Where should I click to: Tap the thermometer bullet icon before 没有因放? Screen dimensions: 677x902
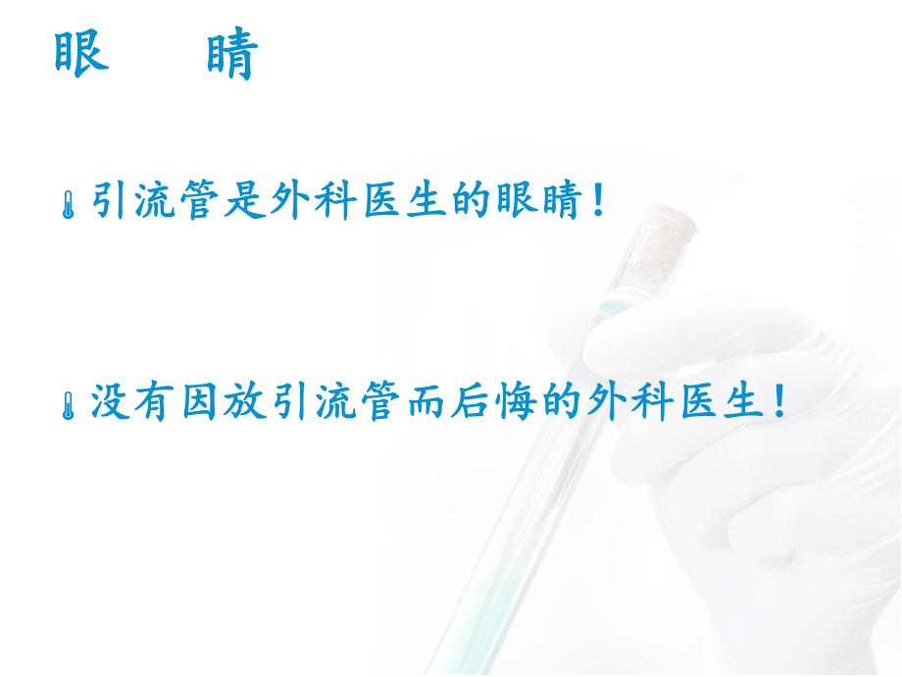[70, 404]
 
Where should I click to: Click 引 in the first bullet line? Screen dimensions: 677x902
[112, 204]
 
